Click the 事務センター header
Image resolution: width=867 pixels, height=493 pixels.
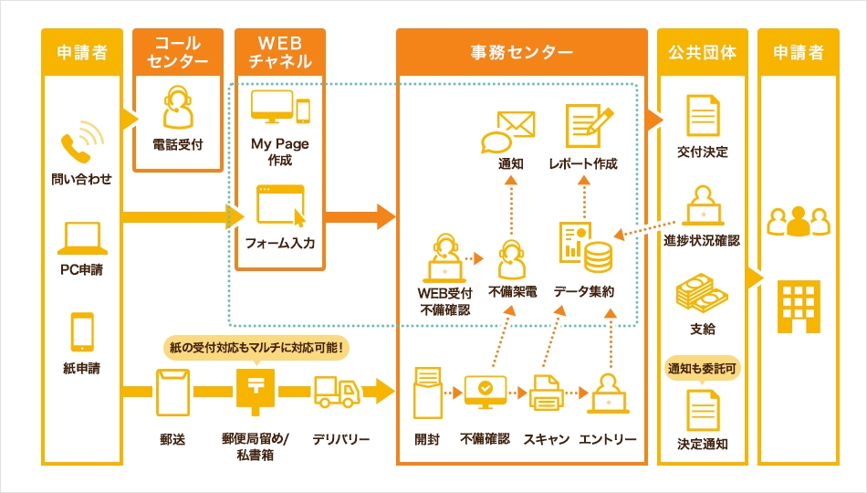(x=521, y=52)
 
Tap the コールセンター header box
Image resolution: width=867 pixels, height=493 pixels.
(x=178, y=52)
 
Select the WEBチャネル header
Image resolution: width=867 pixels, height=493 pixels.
(x=280, y=52)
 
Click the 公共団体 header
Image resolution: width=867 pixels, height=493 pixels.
(x=702, y=52)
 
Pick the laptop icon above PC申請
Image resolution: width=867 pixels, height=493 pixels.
(x=82, y=237)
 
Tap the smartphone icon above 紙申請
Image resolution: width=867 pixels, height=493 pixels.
(x=82, y=332)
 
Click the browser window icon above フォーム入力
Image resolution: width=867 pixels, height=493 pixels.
(x=279, y=205)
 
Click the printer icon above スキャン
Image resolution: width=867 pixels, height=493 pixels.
(x=546, y=393)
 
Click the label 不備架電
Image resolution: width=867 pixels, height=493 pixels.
(x=512, y=292)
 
